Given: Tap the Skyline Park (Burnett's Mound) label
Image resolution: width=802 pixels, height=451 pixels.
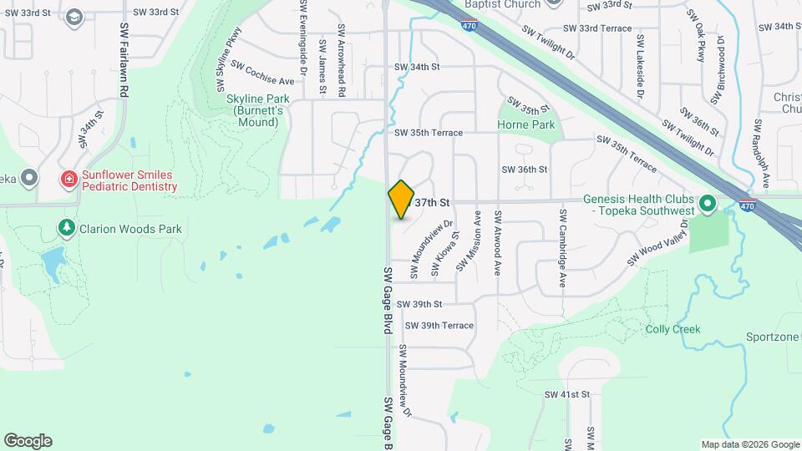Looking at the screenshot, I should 252,110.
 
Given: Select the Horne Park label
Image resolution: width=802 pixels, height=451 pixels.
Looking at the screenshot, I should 525,125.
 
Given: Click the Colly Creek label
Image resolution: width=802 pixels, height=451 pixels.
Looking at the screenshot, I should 673,329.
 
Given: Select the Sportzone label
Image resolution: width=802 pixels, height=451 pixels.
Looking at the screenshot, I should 773,337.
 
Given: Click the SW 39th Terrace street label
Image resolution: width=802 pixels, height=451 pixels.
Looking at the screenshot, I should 439,326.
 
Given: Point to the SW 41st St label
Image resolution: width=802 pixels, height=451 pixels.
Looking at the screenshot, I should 567,394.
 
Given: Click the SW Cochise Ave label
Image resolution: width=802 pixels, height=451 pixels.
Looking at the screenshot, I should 263,73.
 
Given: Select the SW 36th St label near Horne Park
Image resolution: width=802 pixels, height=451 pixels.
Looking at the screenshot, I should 524,170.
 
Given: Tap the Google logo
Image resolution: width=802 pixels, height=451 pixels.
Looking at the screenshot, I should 27,441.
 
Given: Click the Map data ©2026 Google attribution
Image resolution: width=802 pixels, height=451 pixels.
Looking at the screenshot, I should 749,444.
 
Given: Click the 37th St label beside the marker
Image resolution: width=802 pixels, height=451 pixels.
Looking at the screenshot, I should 433,203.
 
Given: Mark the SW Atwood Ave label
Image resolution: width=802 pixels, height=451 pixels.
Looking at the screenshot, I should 498,242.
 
